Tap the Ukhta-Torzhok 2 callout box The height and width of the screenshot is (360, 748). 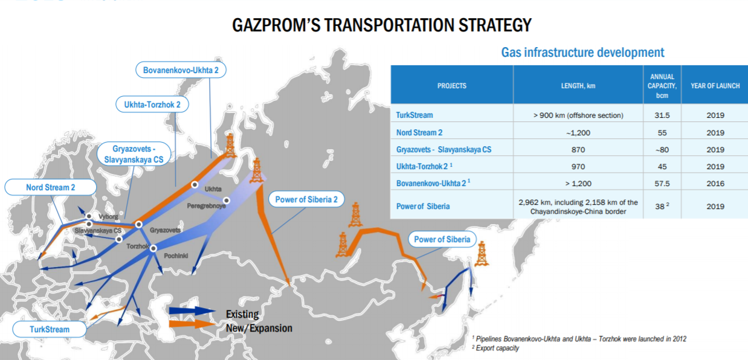coord(152,104)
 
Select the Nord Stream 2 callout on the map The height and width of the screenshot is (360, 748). coord(50,187)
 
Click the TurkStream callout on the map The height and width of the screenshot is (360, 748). coord(50,329)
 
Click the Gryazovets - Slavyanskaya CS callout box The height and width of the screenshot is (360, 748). coord(133,154)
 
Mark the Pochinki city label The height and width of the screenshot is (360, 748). coord(175,256)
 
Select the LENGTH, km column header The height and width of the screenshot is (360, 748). coord(578,86)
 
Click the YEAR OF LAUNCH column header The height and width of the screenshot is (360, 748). coord(715,86)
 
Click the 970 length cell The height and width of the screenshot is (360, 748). coord(578,166)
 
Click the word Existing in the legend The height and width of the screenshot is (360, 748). coord(242,314)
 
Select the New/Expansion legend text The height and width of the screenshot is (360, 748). coord(259,328)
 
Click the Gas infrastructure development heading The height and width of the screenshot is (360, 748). coord(582,53)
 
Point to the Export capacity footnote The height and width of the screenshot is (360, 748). coord(497,348)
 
